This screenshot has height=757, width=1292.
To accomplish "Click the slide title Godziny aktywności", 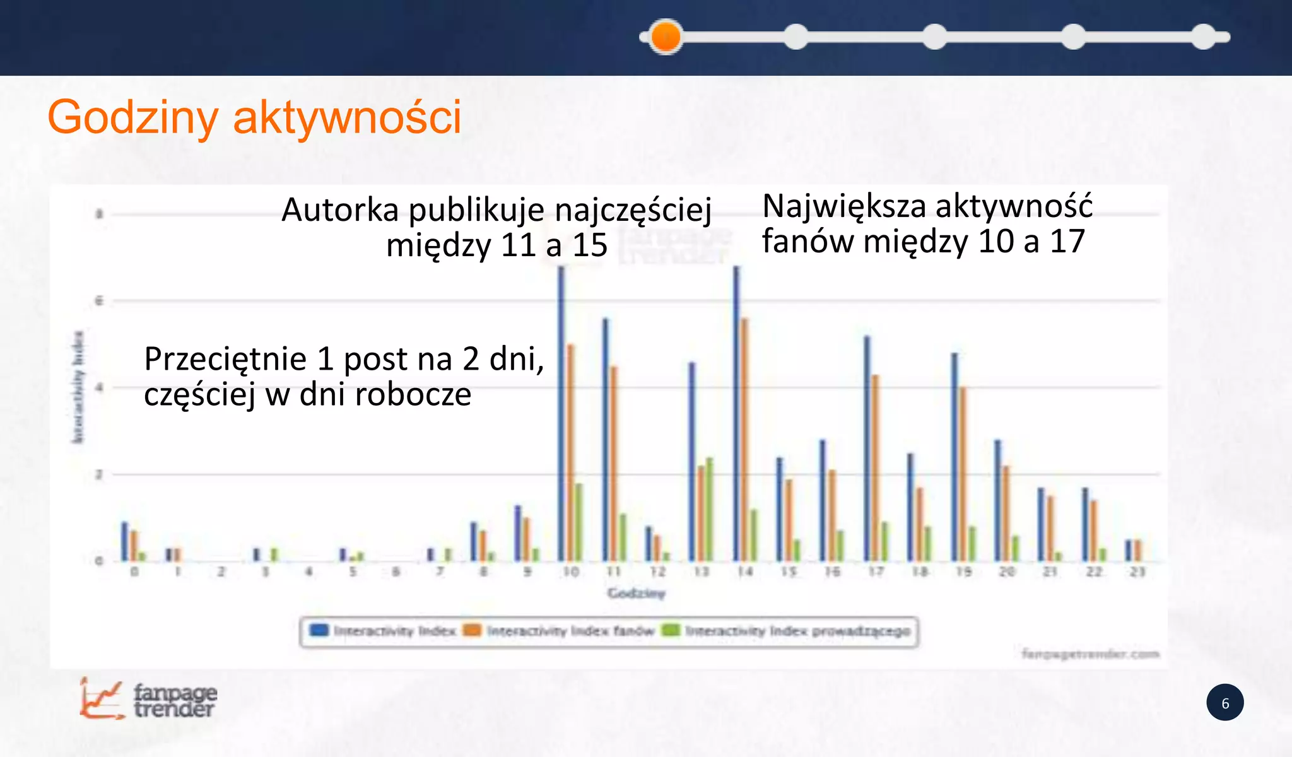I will [x=254, y=118].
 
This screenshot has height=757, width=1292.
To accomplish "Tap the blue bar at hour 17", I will [x=867, y=448].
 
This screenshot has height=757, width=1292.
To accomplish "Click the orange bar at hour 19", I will [x=963, y=473].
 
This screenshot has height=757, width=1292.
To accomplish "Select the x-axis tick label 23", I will [x=1137, y=572].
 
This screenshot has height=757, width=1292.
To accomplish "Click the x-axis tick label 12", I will [x=657, y=572].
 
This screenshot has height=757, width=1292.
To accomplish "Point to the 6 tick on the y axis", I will [x=99, y=301].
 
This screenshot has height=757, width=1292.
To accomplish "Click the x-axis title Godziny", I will [x=636, y=593].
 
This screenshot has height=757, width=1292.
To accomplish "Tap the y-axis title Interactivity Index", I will [x=78, y=386].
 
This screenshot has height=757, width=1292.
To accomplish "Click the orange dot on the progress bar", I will [x=666, y=37].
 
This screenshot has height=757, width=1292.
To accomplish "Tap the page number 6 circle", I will [x=1224, y=703].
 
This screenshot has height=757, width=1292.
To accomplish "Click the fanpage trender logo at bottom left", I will [x=149, y=699].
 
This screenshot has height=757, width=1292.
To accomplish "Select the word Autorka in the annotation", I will [x=339, y=210].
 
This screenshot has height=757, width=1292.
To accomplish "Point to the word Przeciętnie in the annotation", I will [x=225, y=359].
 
